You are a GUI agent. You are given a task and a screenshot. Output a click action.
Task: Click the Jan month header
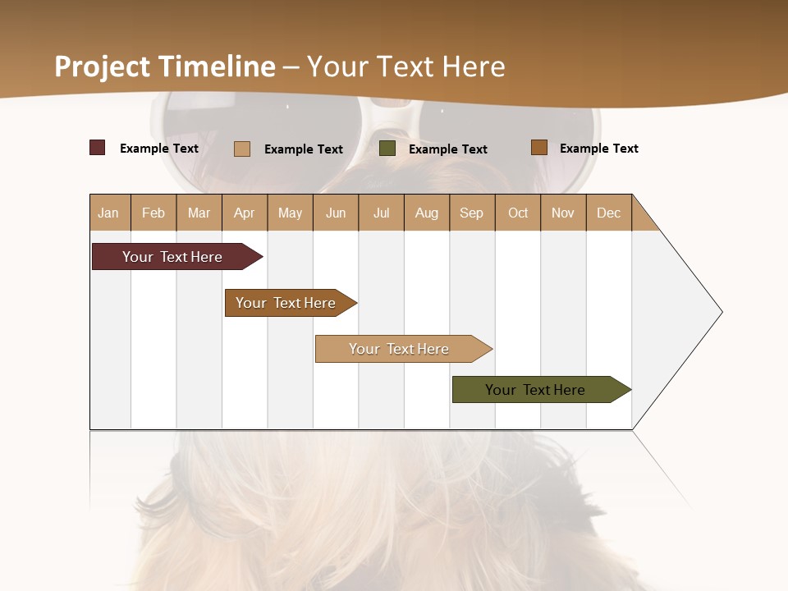tap(109, 213)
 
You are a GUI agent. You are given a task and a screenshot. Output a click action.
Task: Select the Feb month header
tap(153, 213)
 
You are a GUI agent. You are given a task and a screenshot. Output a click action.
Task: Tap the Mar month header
tap(199, 213)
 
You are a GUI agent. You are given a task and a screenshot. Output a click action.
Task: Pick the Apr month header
tap(245, 213)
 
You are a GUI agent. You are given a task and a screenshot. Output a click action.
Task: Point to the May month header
tap(290, 213)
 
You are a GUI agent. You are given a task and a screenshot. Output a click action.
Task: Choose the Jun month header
tap(336, 213)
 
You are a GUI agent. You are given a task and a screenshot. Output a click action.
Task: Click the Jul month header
tap(381, 213)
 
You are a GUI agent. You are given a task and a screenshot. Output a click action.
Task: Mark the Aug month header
tap(427, 213)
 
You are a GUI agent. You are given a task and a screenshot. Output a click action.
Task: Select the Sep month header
tap(472, 213)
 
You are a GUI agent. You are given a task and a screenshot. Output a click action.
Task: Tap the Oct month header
tap(518, 213)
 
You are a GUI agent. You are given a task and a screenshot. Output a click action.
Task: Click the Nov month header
tap(563, 213)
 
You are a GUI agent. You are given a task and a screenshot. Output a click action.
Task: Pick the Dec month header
tap(609, 213)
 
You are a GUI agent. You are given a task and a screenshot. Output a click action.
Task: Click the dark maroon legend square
tap(98, 148)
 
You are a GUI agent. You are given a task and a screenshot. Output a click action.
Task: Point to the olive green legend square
tap(387, 149)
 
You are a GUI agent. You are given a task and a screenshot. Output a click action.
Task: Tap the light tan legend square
tap(242, 149)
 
